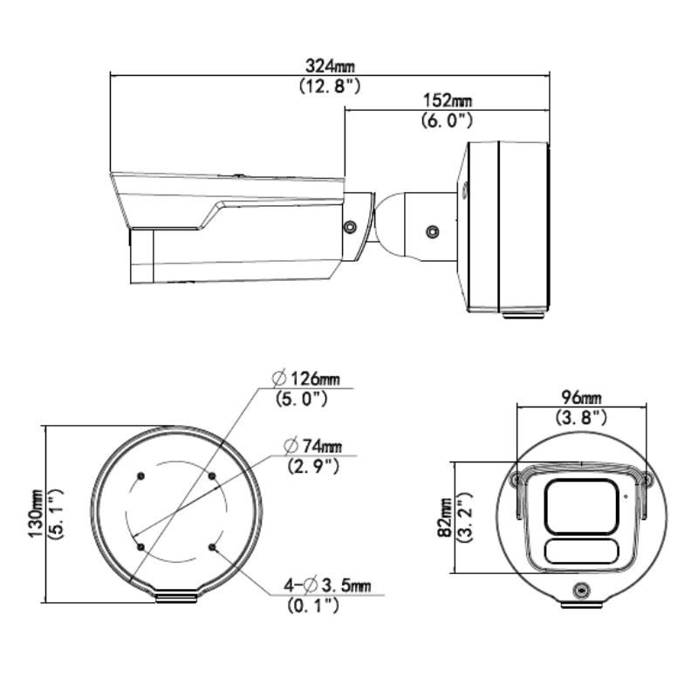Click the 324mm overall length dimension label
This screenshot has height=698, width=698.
coord(324,66)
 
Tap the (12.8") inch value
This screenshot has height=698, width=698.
coord(324,86)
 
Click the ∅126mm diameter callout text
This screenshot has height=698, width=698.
coord(305,380)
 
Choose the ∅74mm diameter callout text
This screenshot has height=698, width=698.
coord(312,447)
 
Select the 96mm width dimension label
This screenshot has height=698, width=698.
coord(581,398)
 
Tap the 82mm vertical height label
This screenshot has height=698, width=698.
coord(446,517)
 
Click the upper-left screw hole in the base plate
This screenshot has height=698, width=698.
coord(140,476)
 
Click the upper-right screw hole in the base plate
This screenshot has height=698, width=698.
coord(212,476)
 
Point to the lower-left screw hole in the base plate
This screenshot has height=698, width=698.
coord(140,547)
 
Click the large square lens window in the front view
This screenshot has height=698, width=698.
coord(580,505)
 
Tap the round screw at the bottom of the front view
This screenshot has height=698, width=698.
coord(580,591)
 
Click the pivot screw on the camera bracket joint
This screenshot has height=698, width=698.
coord(350,227)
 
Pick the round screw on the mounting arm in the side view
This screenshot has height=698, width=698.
coord(431,233)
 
